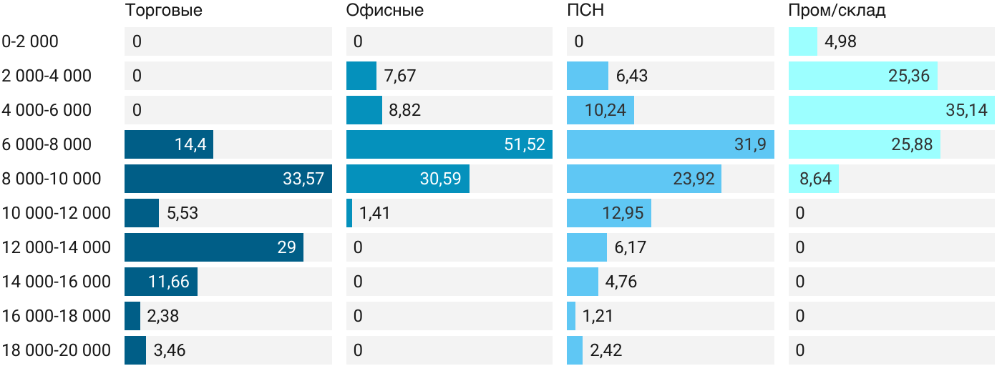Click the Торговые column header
[x=163, y=11]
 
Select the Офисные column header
[x=384, y=11]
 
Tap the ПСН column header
[x=580, y=11]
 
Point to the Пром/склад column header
[x=837, y=11]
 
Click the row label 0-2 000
[x=30, y=41]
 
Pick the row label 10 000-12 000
[x=57, y=213]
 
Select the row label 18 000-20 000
[x=57, y=350]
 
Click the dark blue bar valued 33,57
[x=228, y=179]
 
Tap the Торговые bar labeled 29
[x=213, y=247]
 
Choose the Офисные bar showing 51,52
[x=449, y=144]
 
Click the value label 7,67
[x=400, y=76]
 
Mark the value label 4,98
[x=840, y=41]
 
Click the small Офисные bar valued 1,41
[x=349, y=213]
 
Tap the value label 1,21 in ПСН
[x=598, y=316]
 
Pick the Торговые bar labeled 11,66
[x=160, y=282]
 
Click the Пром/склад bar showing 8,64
[x=813, y=179]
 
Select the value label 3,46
[x=170, y=350]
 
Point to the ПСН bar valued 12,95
[x=608, y=213]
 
